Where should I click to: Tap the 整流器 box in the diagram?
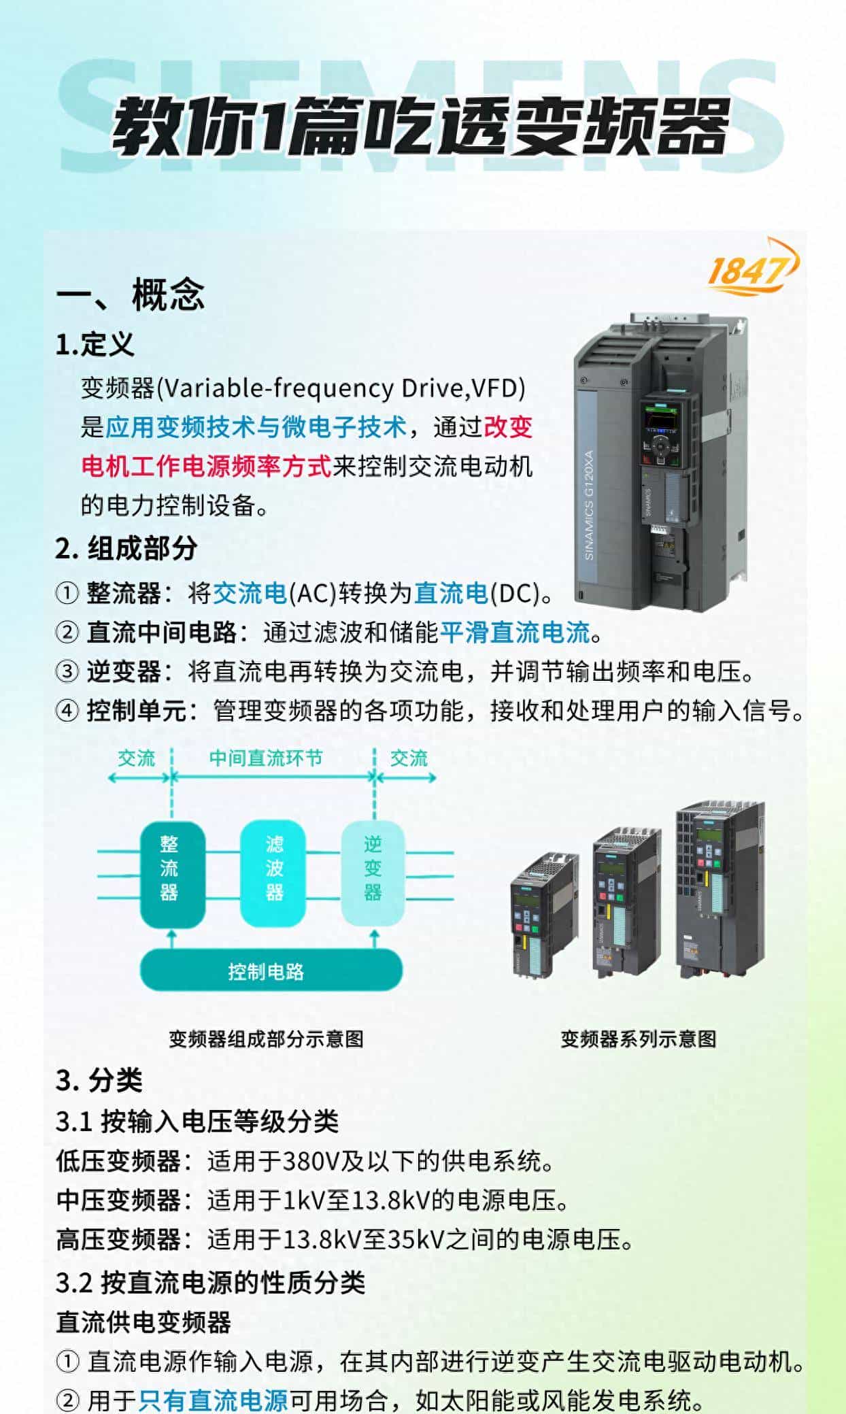point(172,874)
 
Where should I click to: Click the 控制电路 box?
point(271,971)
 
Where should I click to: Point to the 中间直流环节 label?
point(266,758)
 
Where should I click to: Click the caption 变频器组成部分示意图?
point(266,1039)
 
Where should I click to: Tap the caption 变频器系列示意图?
point(638,1039)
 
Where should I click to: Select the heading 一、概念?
point(130,294)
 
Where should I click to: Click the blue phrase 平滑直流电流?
point(515,633)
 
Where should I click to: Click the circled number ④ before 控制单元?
point(67,711)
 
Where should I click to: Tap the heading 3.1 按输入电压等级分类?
point(197,1122)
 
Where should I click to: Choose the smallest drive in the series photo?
point(544,915)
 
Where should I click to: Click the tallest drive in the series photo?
point(720,890)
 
